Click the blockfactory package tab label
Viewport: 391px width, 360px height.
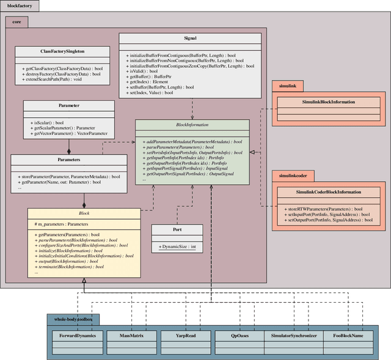click(20, 6)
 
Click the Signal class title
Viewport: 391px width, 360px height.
click(190, 38)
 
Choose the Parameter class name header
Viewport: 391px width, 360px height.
click(68, 105)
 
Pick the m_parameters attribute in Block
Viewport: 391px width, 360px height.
click(61, 224)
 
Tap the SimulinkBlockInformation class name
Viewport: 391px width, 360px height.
click(328, 102)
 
